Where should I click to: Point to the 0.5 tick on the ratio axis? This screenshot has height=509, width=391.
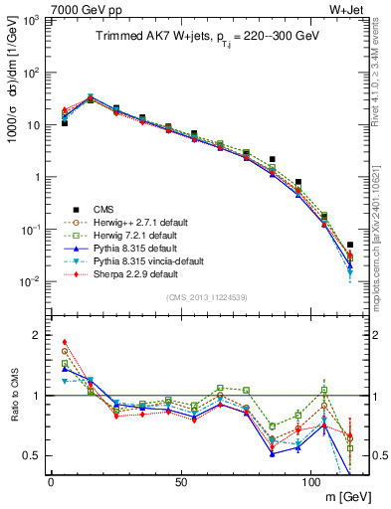[32, 455]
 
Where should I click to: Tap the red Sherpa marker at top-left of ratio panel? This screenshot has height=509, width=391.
[65, 342]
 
